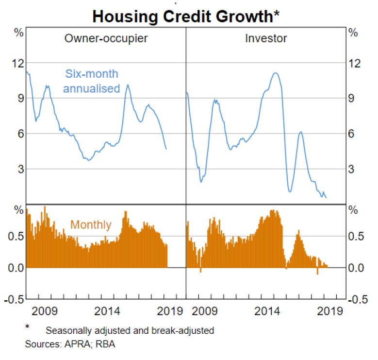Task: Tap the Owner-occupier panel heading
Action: pyautogui.click(x=106, y=38)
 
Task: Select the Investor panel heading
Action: pyautogui.click(x=265, y=38)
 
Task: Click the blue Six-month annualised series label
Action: pyautogui.click(x=92, y=81)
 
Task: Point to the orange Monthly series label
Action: pyautogui.click(x=91, y=225)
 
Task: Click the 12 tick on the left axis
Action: pyautogui.click(x=18, y=63)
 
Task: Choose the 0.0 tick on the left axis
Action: pyautogui.click(x=16, y=268)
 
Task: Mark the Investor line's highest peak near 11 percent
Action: pyautogui.click(x=275, y=73)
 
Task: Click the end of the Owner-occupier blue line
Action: pyautogui.click(x=166, y=149)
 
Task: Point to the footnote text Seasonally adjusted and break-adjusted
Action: pyautogui.click(x=130, y=331)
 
